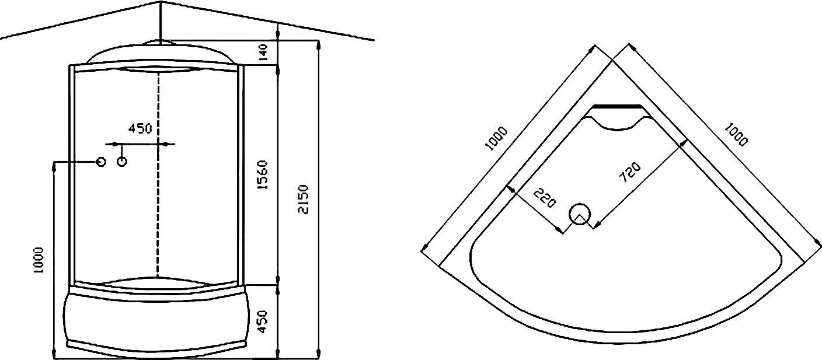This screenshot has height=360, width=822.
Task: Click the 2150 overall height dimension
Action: [304, 199]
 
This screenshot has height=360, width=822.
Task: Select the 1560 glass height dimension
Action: [263, 175]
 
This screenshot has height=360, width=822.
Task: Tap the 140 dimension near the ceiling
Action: [263, 52]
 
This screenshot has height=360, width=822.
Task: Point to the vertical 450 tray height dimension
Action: [262, 322]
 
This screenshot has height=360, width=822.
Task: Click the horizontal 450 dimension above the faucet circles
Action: [140, 128]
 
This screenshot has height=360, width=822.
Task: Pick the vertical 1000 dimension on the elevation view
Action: [38, 260]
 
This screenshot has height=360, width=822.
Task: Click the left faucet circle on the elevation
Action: [101, 162]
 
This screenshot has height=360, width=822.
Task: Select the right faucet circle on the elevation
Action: [122, 162]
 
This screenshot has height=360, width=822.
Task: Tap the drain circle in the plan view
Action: [580, 214]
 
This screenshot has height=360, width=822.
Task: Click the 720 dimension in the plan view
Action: [630, 172]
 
